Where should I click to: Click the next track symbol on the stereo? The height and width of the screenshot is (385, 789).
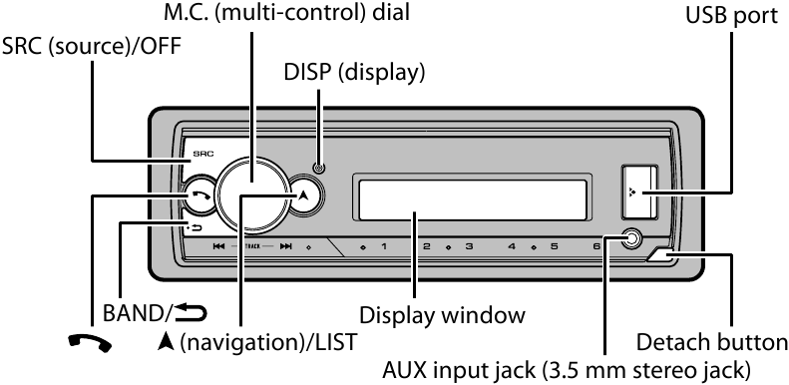[x=285, y=245]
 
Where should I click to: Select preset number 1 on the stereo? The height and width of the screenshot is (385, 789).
[x=383, y=245]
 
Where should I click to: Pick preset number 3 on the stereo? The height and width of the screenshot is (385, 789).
[x=469, y=245]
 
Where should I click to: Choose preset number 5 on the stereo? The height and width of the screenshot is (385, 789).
[x=554, y=245]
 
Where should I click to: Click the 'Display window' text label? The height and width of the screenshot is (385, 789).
[x=442, y=315]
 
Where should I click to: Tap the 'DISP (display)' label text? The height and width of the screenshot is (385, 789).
[x=352, y=73]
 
